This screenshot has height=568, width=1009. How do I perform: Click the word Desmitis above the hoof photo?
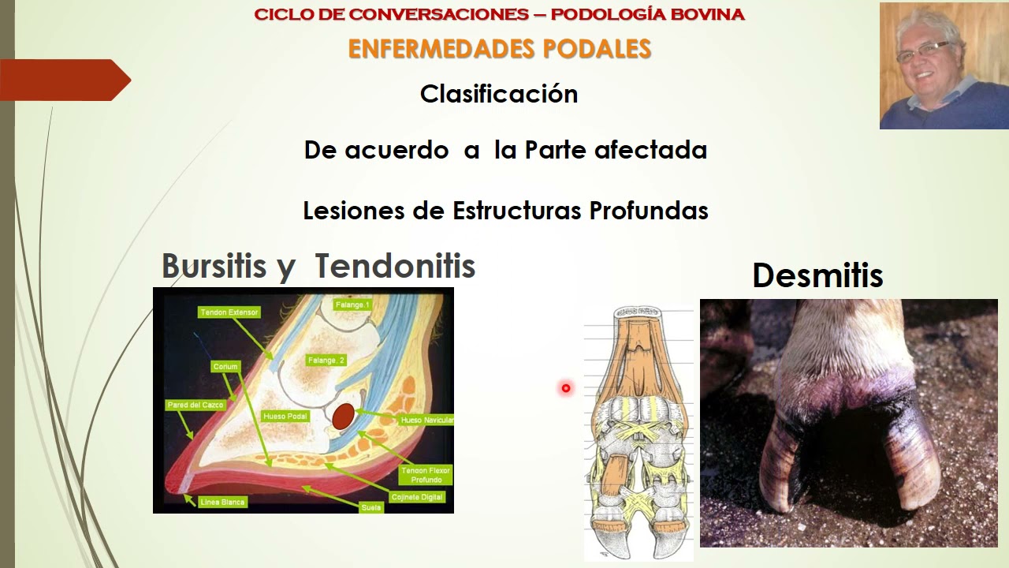pyautogui.click(x=817, y=276)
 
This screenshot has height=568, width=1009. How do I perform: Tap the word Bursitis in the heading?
pyautogui.click(x=214, y=267)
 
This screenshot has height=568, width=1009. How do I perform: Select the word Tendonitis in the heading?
pyautogui.click(x=396, y=267)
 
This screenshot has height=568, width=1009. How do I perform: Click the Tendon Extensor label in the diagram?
pyautogui.click(x=229, y=312)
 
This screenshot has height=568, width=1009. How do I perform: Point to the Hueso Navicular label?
pyautogui.click(x=427, y=420)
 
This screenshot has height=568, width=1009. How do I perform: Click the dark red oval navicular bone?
pyautogui.click(x=342, y=417)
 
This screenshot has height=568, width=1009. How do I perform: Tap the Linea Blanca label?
pyautogui.click(x=222, y=502)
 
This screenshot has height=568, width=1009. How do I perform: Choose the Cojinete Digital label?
pyautogui.click(x=418, y=497)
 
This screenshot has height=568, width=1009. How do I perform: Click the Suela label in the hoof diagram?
pyautogui.click(x=371, y=507)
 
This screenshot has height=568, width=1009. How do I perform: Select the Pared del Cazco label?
pyautogui.click(x=195, y=405)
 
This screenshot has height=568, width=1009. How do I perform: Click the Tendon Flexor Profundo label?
pyautogui.click(x=425, y=475)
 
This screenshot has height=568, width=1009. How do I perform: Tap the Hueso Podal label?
pyautogui.click(x=286, y=416)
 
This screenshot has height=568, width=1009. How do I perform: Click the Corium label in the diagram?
pyautogui.click(x=225, y=367)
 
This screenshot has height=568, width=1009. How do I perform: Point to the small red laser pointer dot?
pyautogui.click(x=565, y=388)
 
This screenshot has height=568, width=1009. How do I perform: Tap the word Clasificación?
pyautogui.click(x=499, y=94)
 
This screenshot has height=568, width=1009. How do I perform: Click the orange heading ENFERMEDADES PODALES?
pyautogui.click(x=499, y=49)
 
